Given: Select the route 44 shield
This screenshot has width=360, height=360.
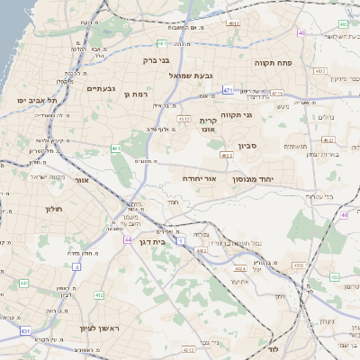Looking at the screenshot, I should coord(129,240).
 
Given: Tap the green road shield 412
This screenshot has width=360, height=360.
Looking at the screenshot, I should coord(99,295).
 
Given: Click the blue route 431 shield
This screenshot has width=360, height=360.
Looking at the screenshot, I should coord(25,331).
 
